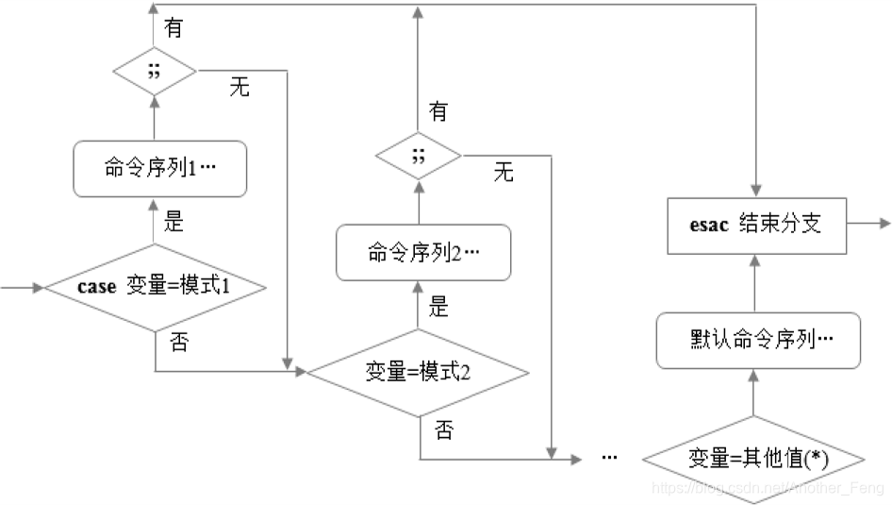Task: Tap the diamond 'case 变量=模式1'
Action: (155, 287)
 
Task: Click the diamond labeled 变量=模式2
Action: (417, 371)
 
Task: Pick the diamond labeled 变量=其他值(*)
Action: (752, 459)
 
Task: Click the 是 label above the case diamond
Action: (173, 223)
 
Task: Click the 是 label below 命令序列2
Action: (438, 307)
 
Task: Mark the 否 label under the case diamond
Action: (178, 342)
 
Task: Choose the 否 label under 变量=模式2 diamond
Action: (443, 430)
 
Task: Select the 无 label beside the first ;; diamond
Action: (240, 89)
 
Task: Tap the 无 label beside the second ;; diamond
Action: (504, 172)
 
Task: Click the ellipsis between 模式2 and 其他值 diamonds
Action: (608, 458)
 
